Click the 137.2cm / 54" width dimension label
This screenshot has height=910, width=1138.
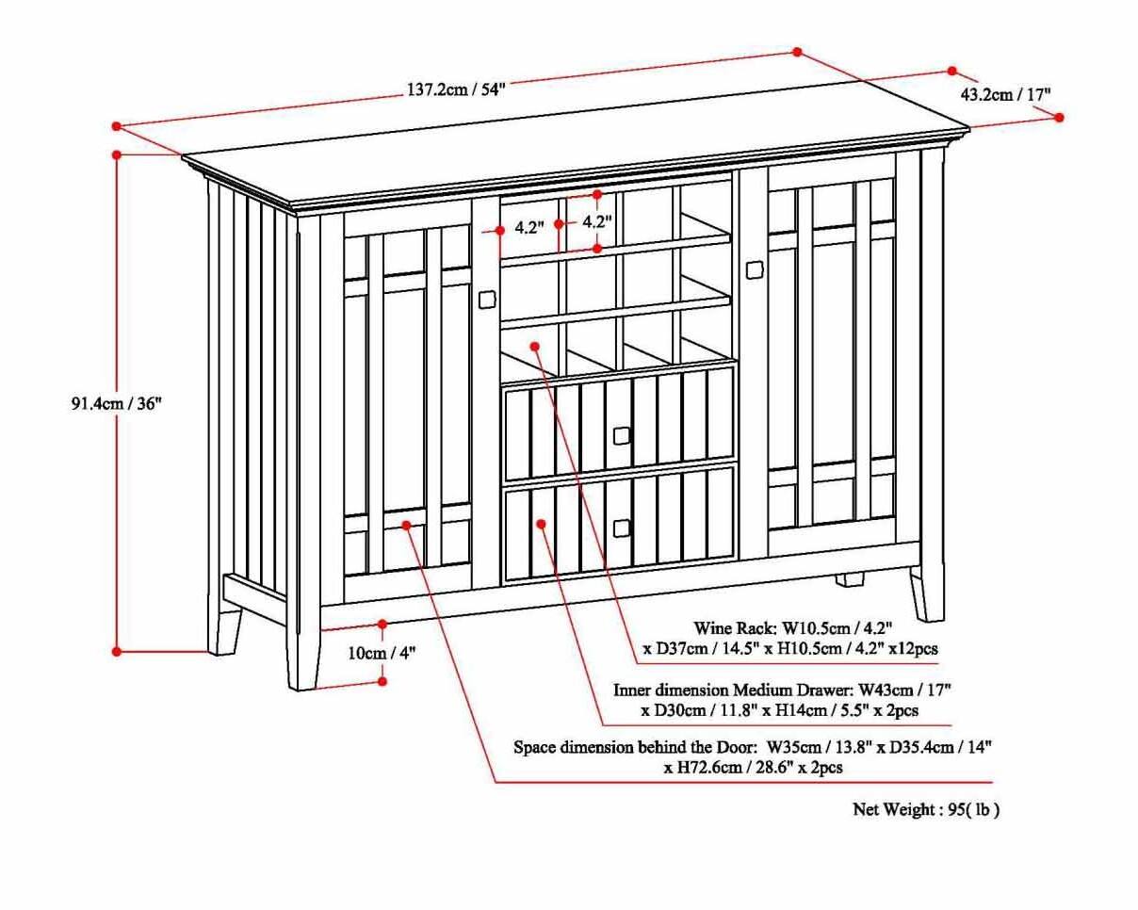coord(456,89)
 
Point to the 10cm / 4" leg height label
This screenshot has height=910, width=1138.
coord(382,653)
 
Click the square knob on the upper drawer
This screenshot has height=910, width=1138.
coord(621,435)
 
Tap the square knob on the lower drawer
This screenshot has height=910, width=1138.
coord(621,528)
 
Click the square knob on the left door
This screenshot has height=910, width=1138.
coord(487,300)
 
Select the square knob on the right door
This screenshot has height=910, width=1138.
coord(754,270)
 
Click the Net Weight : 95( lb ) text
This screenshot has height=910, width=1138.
coord(926,809)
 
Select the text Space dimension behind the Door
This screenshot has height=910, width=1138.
coord(635,747)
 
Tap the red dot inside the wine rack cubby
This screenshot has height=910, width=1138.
coord(535,346)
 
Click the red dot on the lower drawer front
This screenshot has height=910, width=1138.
coord(542,523)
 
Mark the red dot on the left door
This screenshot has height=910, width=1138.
coord(407,525)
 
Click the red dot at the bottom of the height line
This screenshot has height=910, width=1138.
coord(117,651)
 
